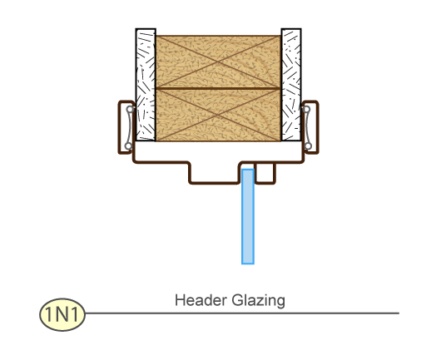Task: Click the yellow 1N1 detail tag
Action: click(x=62, y=314)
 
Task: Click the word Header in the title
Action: click(x=201, y=300)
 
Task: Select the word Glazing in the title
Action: click(x=258, y=301)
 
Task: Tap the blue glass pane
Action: click(x=248, y=216)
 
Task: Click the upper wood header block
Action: click(x=218, y=62)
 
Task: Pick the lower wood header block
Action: click(x=218, y=115)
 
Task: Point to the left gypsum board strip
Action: click(x=146, y=85)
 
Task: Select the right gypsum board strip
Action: click(x=291, y=85)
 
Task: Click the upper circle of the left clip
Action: click(x=130, y=109)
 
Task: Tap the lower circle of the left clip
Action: click(x=129, y=146)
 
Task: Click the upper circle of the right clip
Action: click(x=306, y=109)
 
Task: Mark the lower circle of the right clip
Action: click(x=308, y=146)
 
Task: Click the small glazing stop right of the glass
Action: click(x=265, y=173)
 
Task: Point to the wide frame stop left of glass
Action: click(x=215, y=173)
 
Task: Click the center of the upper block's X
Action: click(x=218, y=62)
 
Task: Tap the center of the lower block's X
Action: click(x=218, y=115)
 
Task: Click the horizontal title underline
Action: click(x=242, y=313)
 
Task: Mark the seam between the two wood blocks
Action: click(x=218, y=89)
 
